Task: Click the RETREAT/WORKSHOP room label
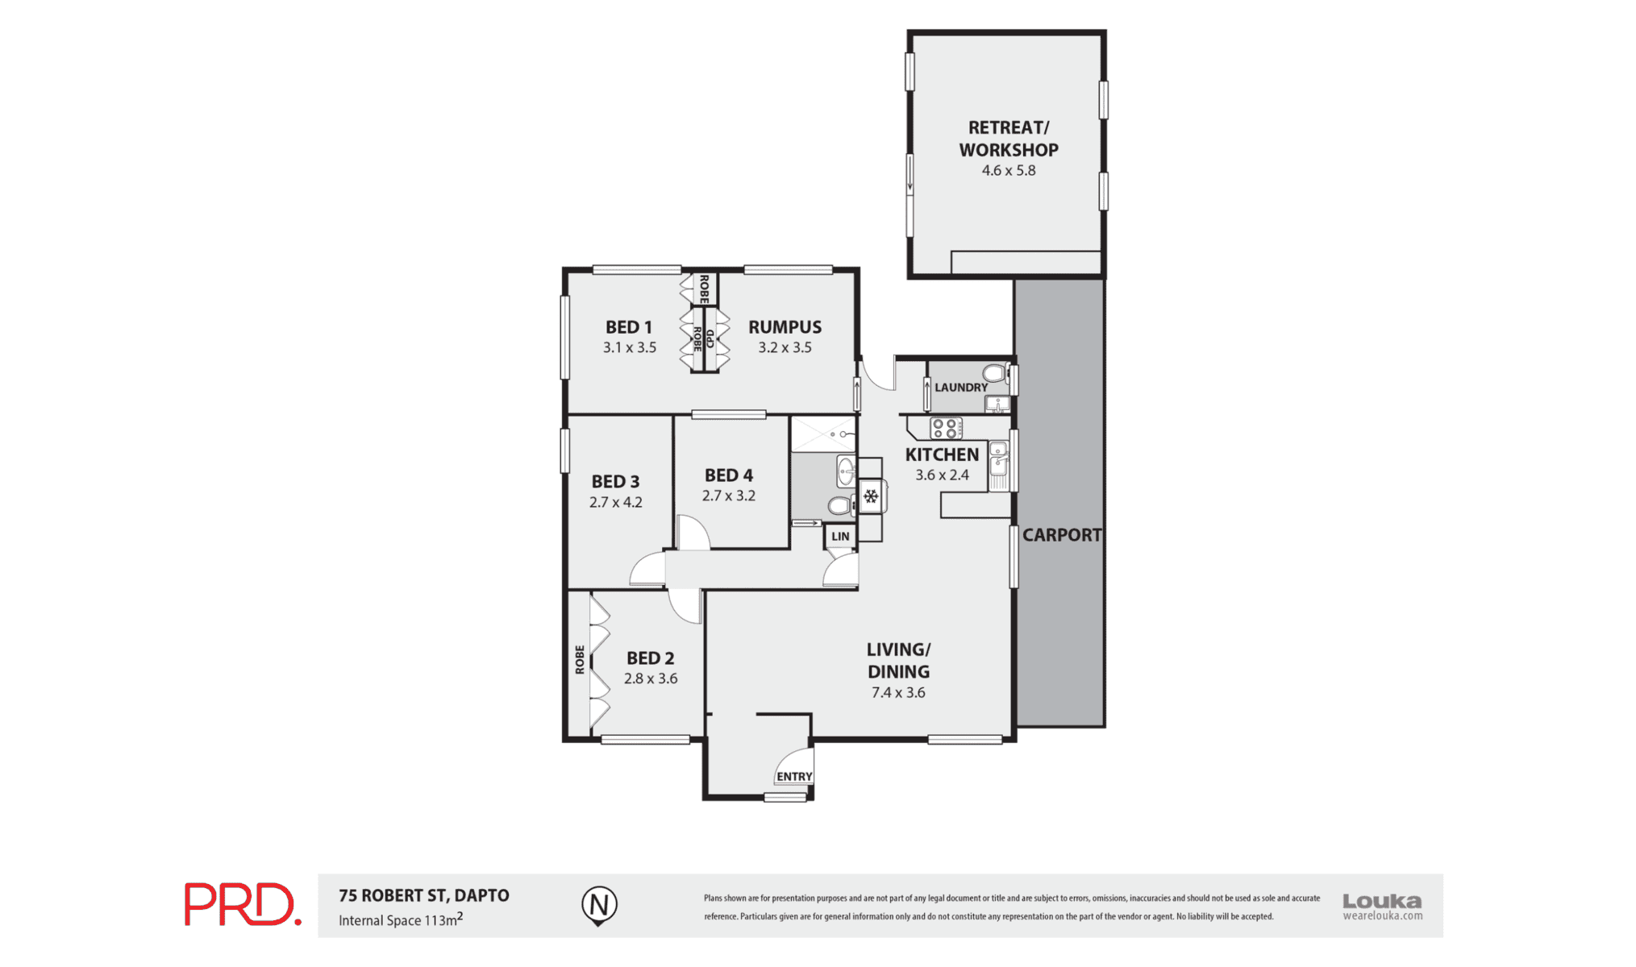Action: [x=1008, y=139]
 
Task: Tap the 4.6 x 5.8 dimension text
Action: [x=1008, y=171]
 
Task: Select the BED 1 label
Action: [x=629, y=327]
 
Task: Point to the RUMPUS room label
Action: [x=785, y=327]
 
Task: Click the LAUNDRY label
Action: [x=961, y=388]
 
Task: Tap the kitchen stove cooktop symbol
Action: [x=946, y=428]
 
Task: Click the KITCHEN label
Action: [x=942, y=454]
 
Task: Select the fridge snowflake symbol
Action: [x=871, y=496]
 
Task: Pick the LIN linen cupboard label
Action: [x=840, y=537]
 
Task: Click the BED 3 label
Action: [x=615, y=482]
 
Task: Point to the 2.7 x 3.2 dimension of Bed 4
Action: [x=728, y=496]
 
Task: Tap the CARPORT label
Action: [x=1061, y=535]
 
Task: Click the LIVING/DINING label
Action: [x=898, y=661]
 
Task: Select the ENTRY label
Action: [x=794, y=777]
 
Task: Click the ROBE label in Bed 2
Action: [x=580, y=659]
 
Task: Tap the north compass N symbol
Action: [x=599, y=905]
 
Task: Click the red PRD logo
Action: [x=243, y=904]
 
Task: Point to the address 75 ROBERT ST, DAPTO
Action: [x=424, y=895]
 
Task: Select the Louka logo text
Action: [x=1382, y=901]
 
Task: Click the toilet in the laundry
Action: [x=995, y=374]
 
